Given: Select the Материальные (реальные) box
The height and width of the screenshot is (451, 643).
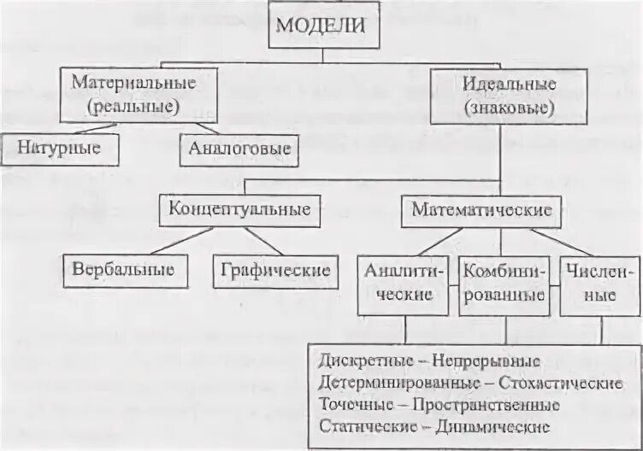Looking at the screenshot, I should [x=133, y=95].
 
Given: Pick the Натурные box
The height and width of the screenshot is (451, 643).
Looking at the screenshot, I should [x=59, y=149].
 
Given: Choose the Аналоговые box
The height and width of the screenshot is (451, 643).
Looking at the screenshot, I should [x=240, y=149].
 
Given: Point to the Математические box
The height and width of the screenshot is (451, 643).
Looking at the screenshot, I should [x=481, y=209].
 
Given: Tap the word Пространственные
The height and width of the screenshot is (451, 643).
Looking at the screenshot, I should [x=487, y=404].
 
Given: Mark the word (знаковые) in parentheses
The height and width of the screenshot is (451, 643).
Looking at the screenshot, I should [x=509, y=108].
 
